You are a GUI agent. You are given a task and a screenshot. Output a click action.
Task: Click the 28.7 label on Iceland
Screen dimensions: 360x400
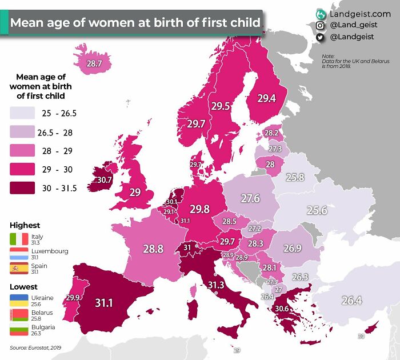tap(94, 64)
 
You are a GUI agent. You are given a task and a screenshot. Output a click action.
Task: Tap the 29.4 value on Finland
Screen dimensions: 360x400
tap(266, 98)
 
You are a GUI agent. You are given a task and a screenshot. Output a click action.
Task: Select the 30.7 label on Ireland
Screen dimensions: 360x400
tap(104, 179)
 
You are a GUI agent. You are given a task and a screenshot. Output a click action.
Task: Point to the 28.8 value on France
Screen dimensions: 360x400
tap(154, 249)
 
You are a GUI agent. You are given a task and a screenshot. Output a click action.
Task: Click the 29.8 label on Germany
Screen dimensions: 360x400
tap(199, 209)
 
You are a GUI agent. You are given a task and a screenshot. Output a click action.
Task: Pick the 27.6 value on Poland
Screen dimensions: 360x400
tap(250, 198)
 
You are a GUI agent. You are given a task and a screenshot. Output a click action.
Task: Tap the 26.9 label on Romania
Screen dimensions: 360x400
tap(292, 248)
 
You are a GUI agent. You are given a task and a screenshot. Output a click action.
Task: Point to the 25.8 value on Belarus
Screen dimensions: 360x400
tap(295, 177)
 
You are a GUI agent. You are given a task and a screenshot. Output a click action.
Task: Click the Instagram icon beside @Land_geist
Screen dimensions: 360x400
tap(321, 25)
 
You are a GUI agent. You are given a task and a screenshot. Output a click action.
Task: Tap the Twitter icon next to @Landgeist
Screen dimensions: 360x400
tap(321, 37)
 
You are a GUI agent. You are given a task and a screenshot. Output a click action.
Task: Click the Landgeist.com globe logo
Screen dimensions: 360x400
tap(321, 13)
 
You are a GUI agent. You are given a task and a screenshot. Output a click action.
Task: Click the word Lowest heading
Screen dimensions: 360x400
tap(23, 286)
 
